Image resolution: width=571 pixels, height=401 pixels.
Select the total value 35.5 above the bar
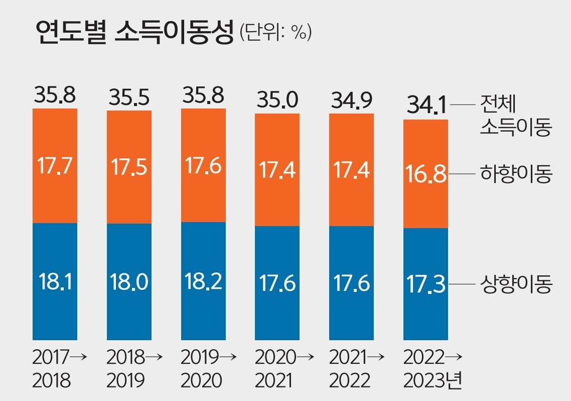[x=129, y=98]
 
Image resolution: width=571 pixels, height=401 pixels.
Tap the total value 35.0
[x=277, y=101]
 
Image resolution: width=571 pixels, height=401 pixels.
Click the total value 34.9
[x=351, y=101]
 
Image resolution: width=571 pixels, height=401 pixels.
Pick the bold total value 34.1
[x=425, y=106]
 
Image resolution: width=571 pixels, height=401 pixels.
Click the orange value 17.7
[x=55, y=166]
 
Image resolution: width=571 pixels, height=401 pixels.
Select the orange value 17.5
[x=129, y=167]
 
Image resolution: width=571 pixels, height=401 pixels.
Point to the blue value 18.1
[x=55, y=282]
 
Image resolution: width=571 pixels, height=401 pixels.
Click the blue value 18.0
[x=129, y=282]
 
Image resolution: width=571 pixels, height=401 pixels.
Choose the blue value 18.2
[x=203, y=282]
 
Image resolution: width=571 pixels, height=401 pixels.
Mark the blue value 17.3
[x=425, y=284]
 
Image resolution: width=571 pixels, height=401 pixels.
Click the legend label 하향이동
[x=516, y=175]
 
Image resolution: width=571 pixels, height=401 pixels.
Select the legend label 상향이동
[x=516, y=285]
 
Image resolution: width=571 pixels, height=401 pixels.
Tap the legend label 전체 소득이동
[x=515, y=117]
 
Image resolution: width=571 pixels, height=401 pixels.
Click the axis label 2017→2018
[x=57, y=369]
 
